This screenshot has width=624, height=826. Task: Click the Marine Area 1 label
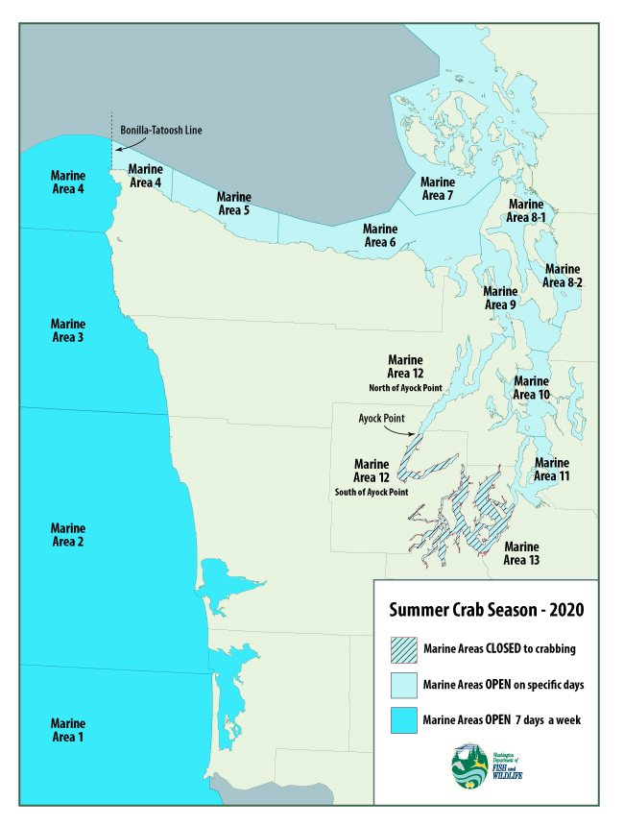[x=68, y=730]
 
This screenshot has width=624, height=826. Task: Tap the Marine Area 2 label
[x=68, y=535]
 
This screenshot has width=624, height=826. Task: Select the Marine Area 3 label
[x=68, y=330]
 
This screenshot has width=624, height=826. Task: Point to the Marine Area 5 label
[x=234, y=203]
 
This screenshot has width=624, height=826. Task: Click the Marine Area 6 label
[x=379, y=235]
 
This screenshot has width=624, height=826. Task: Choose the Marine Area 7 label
[x=438, y=189]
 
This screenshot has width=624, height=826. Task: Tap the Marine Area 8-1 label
[x=527, y=211]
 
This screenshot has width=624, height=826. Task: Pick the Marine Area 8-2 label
[x=563, y=276]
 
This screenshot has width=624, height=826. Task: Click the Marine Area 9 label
[x=500, y=298]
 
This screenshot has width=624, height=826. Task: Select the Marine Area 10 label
[x=531, y=388]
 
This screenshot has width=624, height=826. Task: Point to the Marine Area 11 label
[x=552, y=470]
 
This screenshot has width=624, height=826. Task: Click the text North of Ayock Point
[x=404, y=387]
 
